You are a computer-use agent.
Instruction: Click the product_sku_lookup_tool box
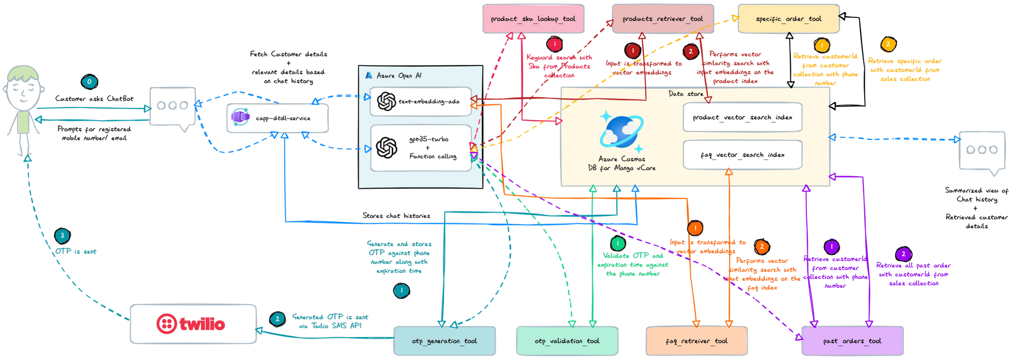(533, 19)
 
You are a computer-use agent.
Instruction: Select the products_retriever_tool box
(663, 19)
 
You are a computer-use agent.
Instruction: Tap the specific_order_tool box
(788, 19)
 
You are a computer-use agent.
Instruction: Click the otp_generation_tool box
(444, 341)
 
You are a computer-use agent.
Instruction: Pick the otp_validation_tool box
(567, 341)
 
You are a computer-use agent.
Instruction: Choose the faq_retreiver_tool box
(697, 341)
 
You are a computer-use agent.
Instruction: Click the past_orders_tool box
(852, 341)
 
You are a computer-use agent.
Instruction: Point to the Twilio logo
(191, 324)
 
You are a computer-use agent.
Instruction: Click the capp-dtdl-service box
(278, 118)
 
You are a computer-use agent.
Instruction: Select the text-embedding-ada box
(421, 101)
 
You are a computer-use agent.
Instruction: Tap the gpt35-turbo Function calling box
(421, 148)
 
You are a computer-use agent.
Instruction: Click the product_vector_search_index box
(742, 117)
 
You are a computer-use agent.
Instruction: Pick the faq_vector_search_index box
(742, 155)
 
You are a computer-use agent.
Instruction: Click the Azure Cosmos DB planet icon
(621, 132)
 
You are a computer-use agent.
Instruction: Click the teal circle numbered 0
(89, 82)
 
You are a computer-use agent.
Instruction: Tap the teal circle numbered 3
(62, 235)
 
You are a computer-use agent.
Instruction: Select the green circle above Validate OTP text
(618, 243)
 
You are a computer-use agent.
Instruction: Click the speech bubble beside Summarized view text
(982, 151)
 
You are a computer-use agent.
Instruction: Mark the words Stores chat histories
(396, 216)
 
